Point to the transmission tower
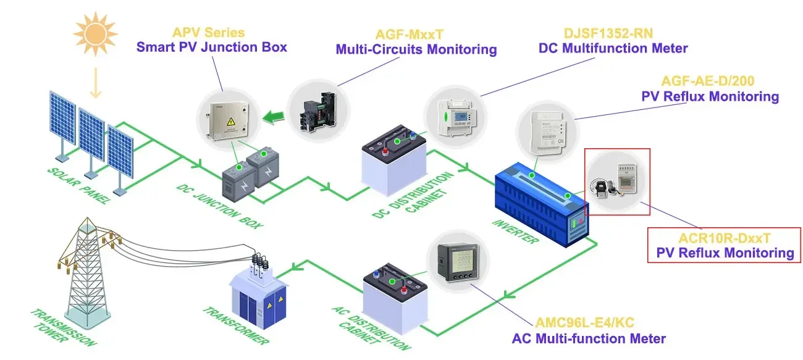click(80, 272)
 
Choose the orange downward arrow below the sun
click(95, 83)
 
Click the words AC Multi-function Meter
click(588, 338)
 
